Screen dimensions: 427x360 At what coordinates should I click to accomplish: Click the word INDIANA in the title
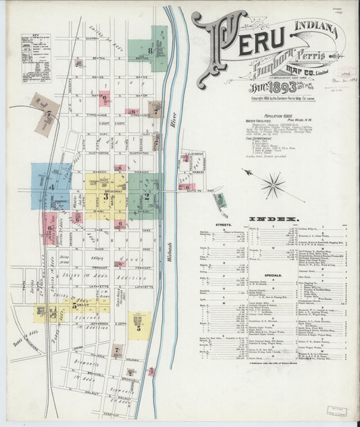tap(315, 27)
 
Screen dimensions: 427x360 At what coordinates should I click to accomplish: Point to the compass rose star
tap(273, 184)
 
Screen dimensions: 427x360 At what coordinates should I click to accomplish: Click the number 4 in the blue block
tap(51, 185)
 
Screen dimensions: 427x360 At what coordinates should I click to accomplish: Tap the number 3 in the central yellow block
tap(105, 197)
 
